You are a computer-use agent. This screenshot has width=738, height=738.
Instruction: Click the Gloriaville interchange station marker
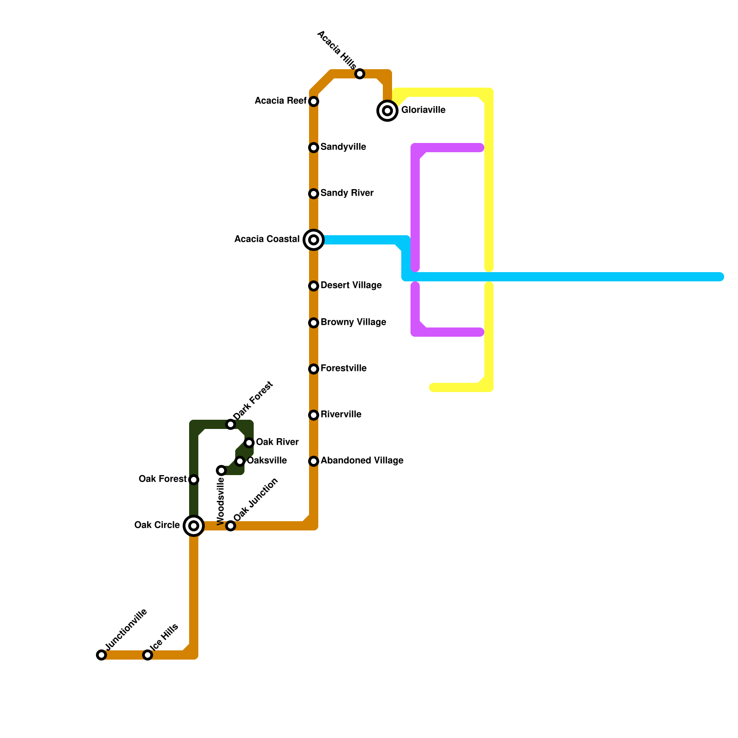(387, 111)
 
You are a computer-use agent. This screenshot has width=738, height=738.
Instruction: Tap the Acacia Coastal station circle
(314, 240)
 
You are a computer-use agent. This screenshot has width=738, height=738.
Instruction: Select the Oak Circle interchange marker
(194, 526)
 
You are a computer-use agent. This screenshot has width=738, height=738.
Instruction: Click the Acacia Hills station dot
(360, 74)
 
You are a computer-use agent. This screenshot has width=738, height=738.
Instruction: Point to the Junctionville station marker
(101, 655)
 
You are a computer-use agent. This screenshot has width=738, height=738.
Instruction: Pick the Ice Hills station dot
(148, 655)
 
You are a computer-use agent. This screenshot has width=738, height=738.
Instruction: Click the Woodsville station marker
(221, 470)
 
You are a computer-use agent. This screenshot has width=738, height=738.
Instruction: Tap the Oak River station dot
(249, 443)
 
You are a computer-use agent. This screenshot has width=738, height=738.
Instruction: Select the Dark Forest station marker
(231, 424)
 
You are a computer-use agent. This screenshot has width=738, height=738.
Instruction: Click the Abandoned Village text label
(362, 461)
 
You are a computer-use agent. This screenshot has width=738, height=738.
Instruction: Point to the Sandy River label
(347, 193)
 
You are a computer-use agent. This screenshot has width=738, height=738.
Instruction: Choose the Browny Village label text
(353, 322)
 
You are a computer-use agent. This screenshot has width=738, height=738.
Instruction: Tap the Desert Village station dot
(314, 286)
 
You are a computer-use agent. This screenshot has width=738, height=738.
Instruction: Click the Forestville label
(344, 369)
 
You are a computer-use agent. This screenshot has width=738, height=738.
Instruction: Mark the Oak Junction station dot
(231, 526)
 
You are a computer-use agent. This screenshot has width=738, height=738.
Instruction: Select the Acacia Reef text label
(280, 101)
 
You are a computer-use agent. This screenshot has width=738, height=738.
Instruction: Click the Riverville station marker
(314, 415)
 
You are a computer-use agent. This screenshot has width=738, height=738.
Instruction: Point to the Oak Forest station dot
(194, 480)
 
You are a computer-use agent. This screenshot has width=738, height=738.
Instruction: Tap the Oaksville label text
(267, 461)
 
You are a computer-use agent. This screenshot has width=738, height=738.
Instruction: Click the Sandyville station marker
(314, 148)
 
